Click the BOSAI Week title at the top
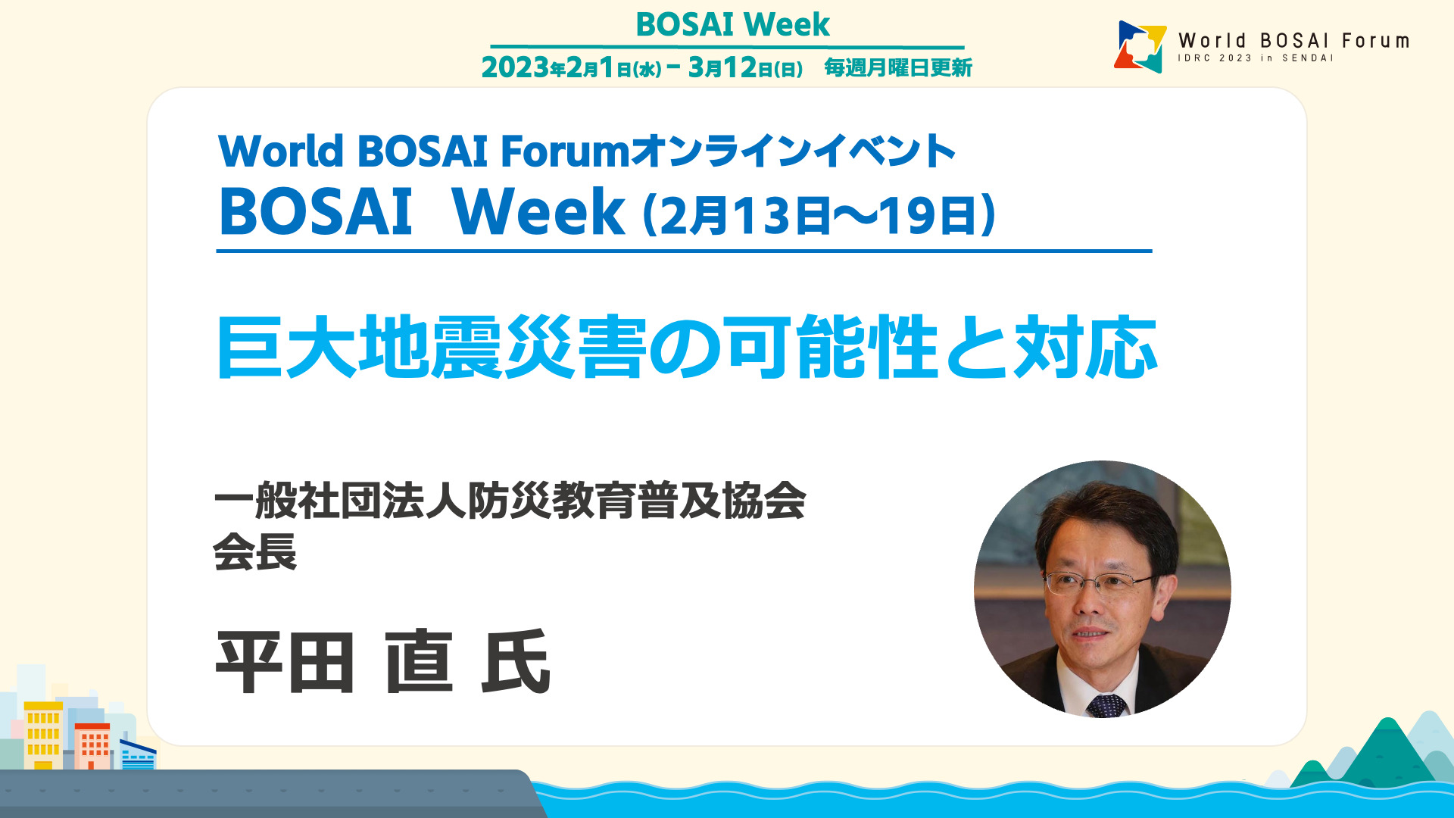click(x=732, y=24)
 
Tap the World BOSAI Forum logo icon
click(x=1140, y=46)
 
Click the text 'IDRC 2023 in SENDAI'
click(x=1255, y=58)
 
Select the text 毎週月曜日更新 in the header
click(x=898, y=67)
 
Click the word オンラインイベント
click(x=793, y=151)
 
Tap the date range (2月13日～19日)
click(x=819, y=215)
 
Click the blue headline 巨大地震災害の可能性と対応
click(x=687, y=347)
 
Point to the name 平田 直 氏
click(x=383, y=662)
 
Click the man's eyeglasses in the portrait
click(x=1097, y=582)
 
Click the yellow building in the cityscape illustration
click(x=44, y=735)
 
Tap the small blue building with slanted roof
click(x=138, y=754)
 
